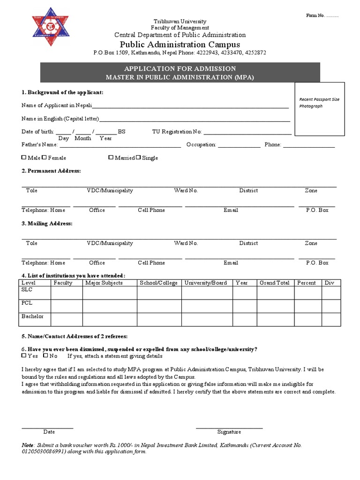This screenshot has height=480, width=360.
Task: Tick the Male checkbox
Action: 24,158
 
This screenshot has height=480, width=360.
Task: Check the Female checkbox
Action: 45,158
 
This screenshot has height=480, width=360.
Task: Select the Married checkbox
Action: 111,158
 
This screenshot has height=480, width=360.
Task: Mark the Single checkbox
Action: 138,158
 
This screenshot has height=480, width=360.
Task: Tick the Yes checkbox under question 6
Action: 24,356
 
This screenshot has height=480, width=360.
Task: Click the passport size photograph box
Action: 319,109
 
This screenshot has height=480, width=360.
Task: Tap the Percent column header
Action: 306,283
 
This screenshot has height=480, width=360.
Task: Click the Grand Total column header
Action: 274,283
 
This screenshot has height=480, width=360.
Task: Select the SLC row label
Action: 27,290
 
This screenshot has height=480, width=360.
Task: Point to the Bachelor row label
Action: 32,316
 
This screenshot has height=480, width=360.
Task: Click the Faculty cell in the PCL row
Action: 67,306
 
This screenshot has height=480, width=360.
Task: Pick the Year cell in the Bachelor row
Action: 242,319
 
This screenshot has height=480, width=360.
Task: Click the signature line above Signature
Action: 229,427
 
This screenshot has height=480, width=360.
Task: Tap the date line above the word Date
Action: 47,427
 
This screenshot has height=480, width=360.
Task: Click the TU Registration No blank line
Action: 247,134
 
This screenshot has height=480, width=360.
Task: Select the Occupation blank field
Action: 239,147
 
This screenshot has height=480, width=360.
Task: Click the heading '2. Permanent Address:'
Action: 51,171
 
